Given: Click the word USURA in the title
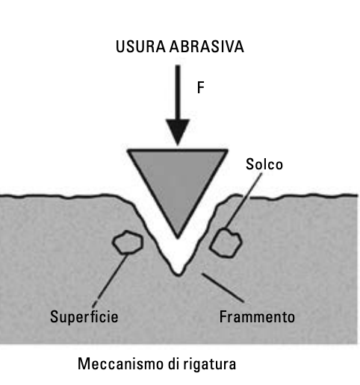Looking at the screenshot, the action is [x=140, y=46].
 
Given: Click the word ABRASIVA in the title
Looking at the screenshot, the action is [x=207, y=46].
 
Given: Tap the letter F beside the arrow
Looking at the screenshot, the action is [x=201, y=87].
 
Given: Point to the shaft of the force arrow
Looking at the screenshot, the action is [x=178, y=93].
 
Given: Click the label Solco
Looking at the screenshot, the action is [x=264, y=164].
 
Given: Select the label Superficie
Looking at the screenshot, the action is [x=84, y=317].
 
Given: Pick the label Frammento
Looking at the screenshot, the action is [x=257, y=316].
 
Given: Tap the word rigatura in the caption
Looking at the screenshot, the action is [x=210, y=364].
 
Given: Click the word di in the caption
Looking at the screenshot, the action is [x=174, y=363].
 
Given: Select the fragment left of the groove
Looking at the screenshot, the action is [x=128, y=242].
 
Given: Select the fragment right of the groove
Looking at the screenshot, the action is [x=226, y=243].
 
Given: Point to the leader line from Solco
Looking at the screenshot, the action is [x=243, y=201].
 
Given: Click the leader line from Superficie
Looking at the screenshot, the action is [x=111, y=281].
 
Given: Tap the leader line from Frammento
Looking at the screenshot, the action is [x=223, y=288].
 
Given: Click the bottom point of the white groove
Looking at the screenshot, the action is [x=179, y=275].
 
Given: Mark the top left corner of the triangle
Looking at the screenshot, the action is [x=127, y=150].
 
